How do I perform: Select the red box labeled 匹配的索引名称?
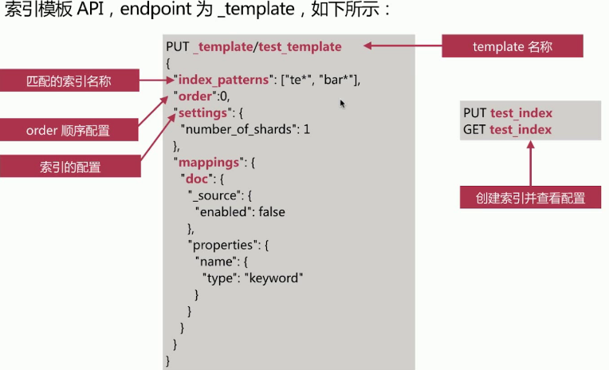(69, 81)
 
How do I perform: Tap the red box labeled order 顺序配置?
(69, 129)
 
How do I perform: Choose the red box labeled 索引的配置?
(69, 167)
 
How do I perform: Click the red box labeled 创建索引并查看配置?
(530, 198)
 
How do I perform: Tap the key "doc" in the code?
(198, 179)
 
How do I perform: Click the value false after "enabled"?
(269, 212)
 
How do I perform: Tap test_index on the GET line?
(521, 129)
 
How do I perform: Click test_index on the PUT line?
(521, 113)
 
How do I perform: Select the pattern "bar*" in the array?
(338, 80)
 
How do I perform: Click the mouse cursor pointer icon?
(343, 104)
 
